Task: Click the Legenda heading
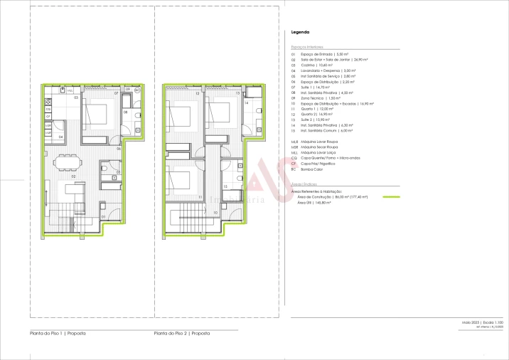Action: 300,33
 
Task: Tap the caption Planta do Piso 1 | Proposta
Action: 57,333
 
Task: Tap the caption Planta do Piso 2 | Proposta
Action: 182,333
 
